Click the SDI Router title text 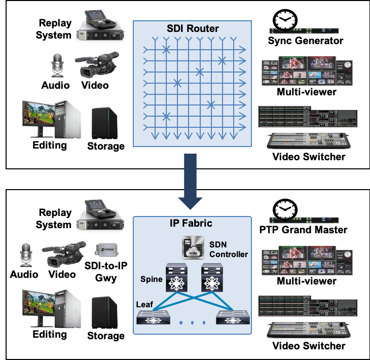click(193, 29)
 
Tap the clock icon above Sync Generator click(282, 20)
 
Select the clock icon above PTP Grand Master click(282, 209)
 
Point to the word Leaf click(145, 304)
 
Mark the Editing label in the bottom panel click(50, 334)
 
